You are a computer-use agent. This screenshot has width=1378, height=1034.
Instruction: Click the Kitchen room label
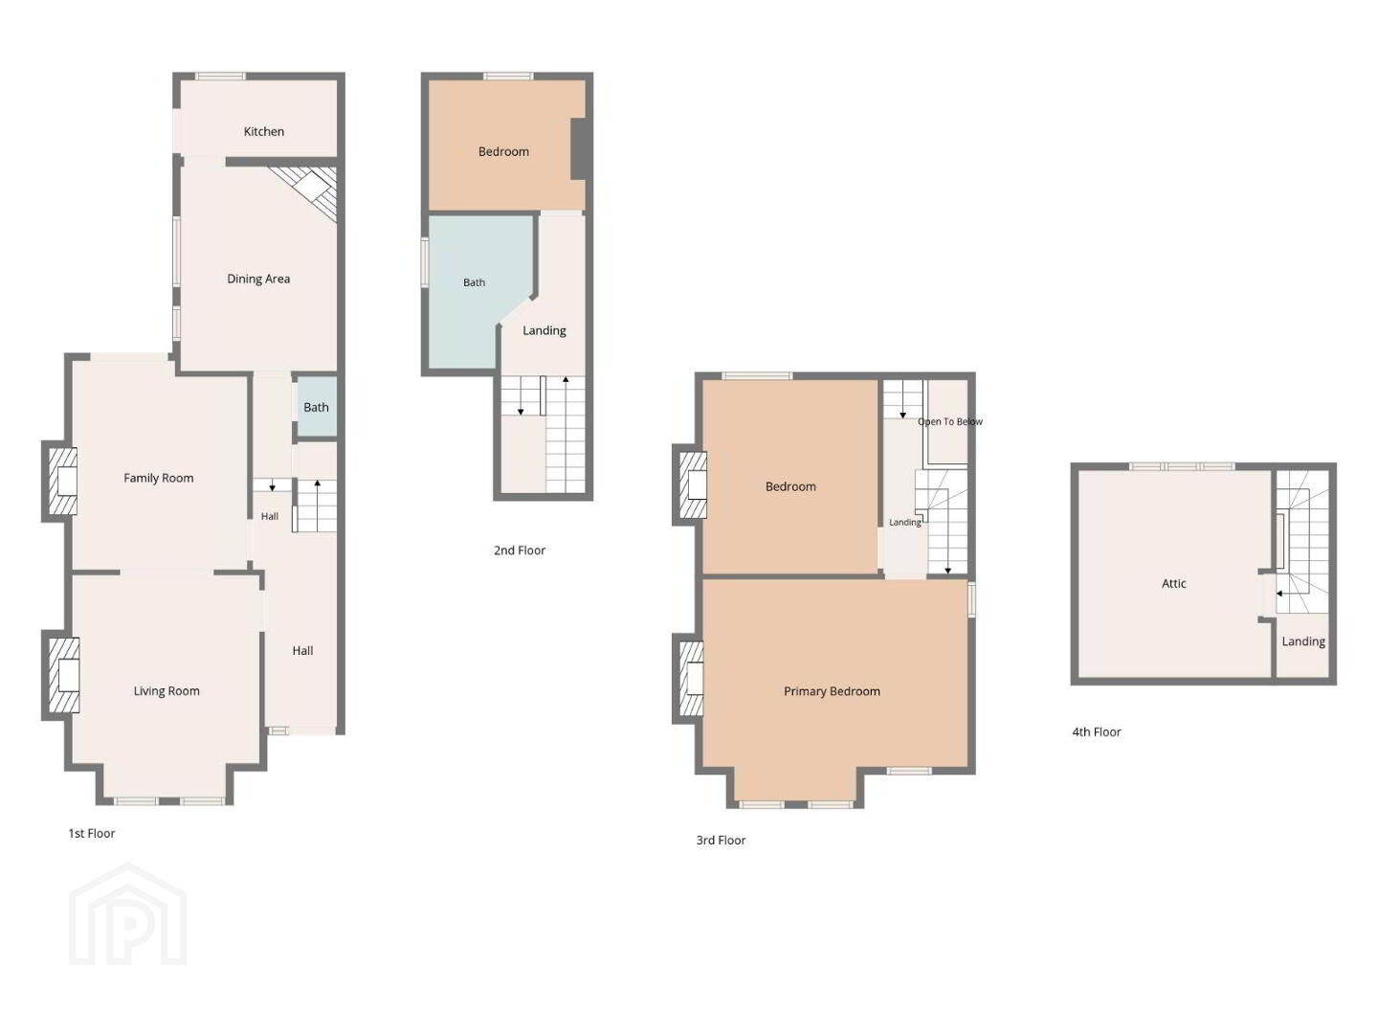click(x=264, y=131)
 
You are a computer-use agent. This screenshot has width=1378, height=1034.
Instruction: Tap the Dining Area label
click(x=258, y=279)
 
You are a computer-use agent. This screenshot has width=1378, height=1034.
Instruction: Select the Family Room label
click(x=158, y=478)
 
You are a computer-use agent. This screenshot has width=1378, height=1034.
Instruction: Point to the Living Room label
click(x=167, y=690)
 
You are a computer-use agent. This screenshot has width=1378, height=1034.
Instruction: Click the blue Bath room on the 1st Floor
click(x=317, y=407)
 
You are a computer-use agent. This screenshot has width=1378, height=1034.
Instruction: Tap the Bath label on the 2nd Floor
click(x=474, y=282)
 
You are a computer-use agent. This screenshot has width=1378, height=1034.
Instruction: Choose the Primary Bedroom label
click(x=832, y=691)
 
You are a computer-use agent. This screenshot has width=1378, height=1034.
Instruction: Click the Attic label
click(x=1174, y=583)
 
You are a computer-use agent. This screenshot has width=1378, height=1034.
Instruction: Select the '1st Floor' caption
click(x=92, y=833)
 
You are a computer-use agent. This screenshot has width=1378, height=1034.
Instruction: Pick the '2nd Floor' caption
click(x=520, y=550)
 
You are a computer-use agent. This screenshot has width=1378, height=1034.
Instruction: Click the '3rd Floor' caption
click(x=721, y=840)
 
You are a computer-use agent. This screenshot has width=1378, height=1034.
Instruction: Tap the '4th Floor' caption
click(x=1097, y=731)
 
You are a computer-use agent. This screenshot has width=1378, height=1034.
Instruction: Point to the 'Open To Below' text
click(x=950, y=421)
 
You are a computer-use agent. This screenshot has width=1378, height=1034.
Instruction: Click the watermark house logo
click(x=127, y=914)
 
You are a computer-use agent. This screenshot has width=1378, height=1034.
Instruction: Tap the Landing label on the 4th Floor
click(x=1303, y=641)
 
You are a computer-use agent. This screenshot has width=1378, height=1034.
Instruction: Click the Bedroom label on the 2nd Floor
click(x=503, y=151)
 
